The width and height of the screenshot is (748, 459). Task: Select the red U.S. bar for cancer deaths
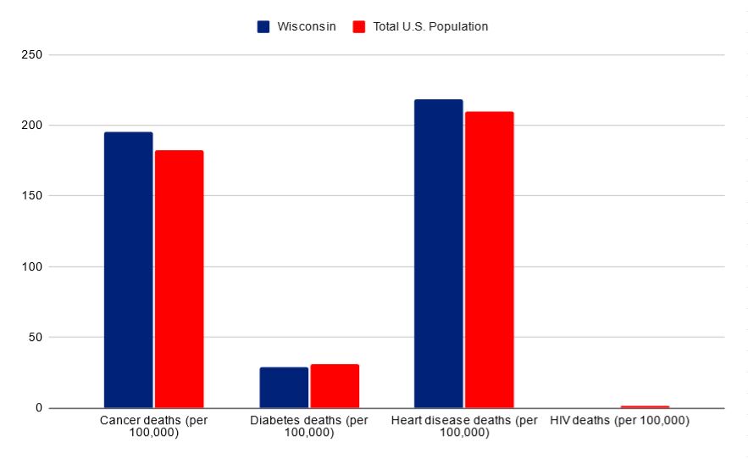(x=179, y=279)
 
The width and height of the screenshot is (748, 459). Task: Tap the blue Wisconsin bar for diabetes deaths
(x=284, y=387)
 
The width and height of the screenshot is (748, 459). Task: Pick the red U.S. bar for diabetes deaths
(x=335, y=386)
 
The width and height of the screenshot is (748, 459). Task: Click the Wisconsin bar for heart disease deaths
(x=438, y=254)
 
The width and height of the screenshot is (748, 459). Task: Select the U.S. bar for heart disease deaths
(x=489, y=260)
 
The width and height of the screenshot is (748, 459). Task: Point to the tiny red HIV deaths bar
(x=645, y=406)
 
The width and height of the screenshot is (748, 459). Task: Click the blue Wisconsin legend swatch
(x=263, y=26)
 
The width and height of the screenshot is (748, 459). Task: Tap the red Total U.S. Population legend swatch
(x=358, y=26)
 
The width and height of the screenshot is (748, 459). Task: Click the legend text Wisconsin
(x=307, y=26)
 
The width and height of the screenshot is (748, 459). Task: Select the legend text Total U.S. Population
(x=430, y=26)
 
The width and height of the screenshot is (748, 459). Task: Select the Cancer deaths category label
(x=153, y=426)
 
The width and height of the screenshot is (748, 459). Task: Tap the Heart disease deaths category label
(x=464, y=426)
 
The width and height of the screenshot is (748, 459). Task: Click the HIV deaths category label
(x=619, y=420)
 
